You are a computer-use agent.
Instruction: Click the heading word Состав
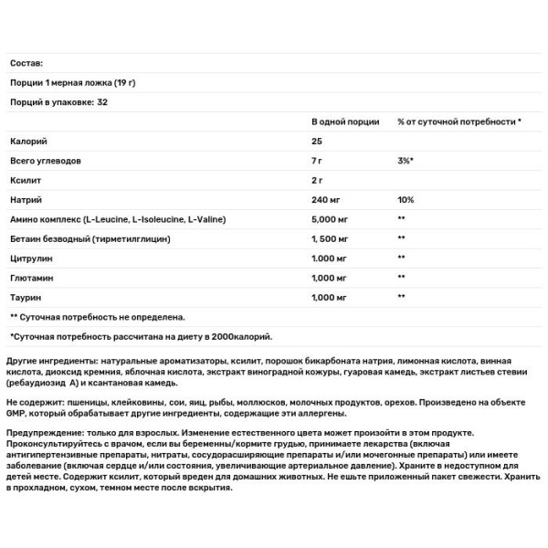pos(26,63)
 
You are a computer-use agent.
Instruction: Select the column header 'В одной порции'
pos(345,121)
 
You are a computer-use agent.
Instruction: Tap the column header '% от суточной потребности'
pos(459,121)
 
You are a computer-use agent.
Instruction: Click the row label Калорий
pos(27,141)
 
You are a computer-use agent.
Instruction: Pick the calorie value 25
pos(318,141)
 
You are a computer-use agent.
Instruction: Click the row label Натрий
pos(26,199)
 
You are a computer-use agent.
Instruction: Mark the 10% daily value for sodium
pos(406,199)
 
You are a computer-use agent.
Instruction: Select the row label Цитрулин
pos(31,258)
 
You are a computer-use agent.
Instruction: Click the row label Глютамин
pos(30,278)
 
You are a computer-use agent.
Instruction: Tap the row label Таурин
pos(26,298)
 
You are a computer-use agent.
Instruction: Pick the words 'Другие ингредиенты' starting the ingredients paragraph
pos(54,362)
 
